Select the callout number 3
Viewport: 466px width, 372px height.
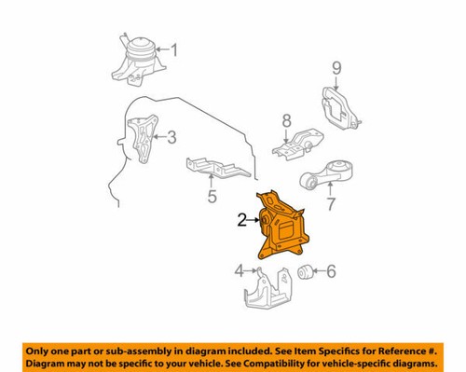(171, 138)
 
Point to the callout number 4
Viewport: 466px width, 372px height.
(239, 271)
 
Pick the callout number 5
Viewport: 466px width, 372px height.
(212, 197)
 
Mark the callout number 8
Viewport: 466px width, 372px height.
(287, 120)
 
